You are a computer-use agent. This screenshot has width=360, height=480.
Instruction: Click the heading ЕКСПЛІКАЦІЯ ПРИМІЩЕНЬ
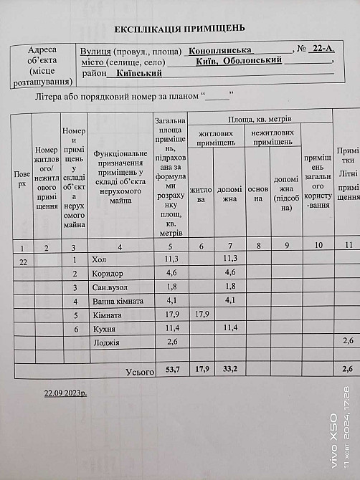(x=180, y=29)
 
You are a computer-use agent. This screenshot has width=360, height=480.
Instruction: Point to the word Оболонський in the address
(x=253, y=62)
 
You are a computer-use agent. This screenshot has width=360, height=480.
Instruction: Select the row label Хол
(x=99, y=259)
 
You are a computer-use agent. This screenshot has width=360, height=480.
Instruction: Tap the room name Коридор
(x=108, y=273)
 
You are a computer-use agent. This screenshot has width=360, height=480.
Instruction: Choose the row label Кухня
(x=105, y=329)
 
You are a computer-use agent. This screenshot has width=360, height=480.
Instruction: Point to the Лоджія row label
(x=106, y=342)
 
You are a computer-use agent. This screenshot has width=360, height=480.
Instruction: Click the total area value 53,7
(x=171, y=369)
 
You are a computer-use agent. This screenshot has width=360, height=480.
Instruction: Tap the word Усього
(x=140, y=372)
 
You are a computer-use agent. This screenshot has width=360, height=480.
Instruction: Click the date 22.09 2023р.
(x=65, y=393)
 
